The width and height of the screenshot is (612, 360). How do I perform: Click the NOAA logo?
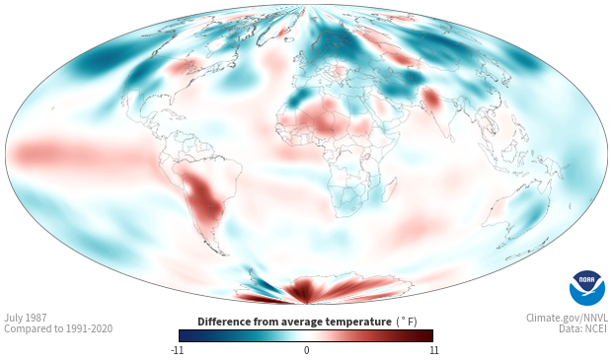pyautogui.click(x=587, y=288)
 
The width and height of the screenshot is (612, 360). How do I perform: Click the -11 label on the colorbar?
pyautogui.click(x=178, y=350)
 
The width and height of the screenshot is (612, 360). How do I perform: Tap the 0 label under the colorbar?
pyautogui.click(x=306, y=350)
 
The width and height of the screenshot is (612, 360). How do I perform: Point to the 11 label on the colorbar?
pyautogui.click(x=433, y=350)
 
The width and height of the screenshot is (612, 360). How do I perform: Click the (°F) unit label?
pyautogui.click(x=407, y=323)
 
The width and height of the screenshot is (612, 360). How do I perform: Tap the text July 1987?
pyautogui.click(x=26, y=318)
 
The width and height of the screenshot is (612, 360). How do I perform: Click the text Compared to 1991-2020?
pyautogui.click(x=58, y=328)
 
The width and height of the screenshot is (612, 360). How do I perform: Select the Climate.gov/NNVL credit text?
pyautogui.click(x=567, y=318)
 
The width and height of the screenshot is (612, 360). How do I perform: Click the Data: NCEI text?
pyautogui.click(x=583, y=328)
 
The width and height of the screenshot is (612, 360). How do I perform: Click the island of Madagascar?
pyautogui.click(x=390, y=189)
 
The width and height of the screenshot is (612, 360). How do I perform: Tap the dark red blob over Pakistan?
pyautogui.click(x=431, y=98)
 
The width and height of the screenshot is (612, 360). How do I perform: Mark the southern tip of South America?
pyautogui.click(x=224, y=254)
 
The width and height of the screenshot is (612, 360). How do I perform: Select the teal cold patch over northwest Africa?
pyautogui.click(x=298, y=98)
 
